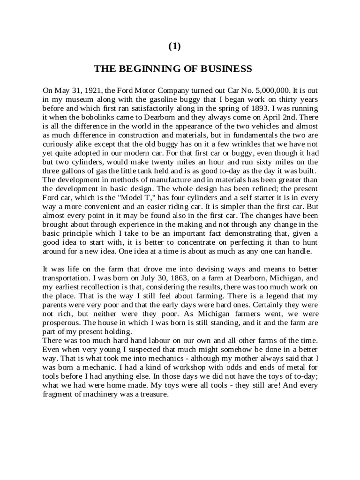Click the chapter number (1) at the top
pos(174,46)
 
